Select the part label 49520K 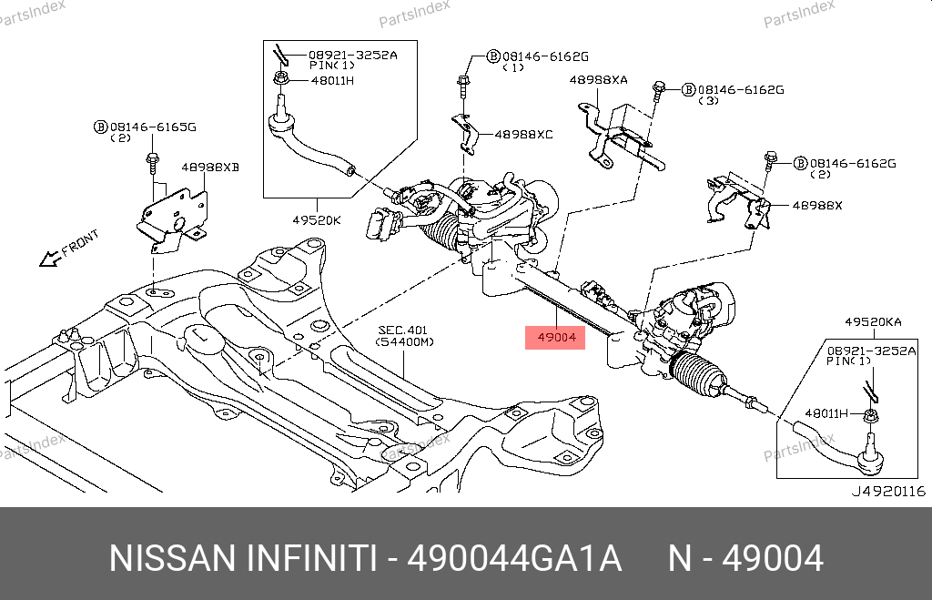[x=316, y=219]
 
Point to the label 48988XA [x=598, y=80]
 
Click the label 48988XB [x=209, y=168]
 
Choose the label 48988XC [x=523, y=134]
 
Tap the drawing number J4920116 [x=887, y=491]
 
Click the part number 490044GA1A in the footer [x=514, y=557]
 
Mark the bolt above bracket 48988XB [x=151, y=164]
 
